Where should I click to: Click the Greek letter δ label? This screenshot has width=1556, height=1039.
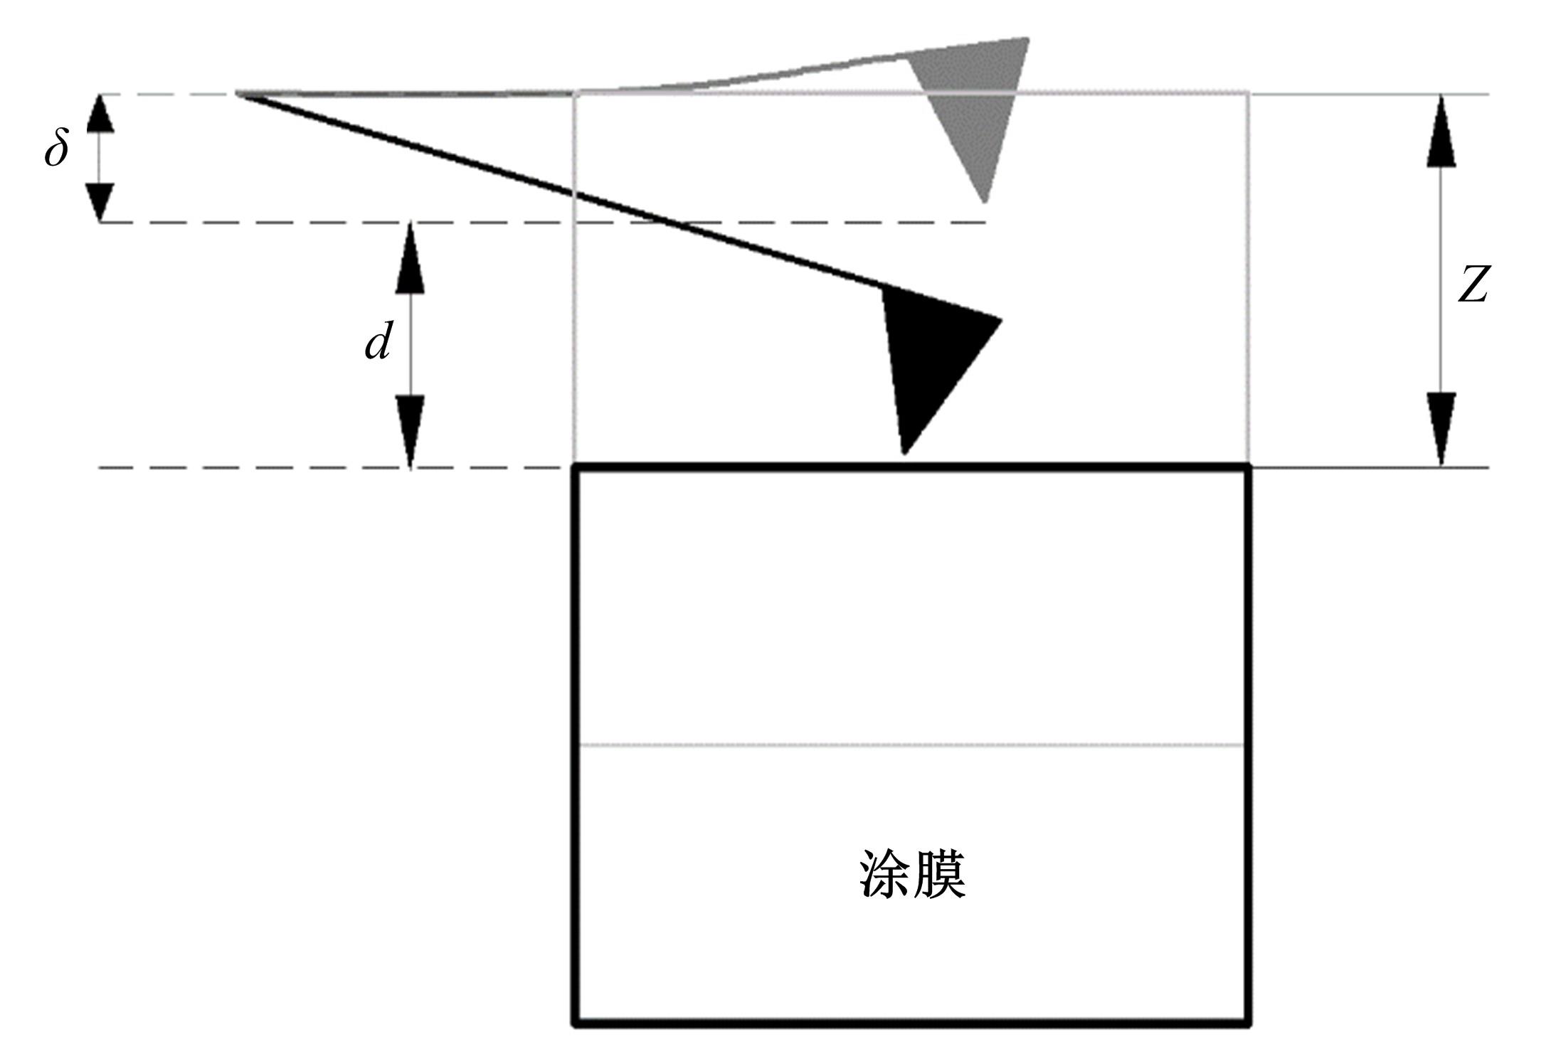[x=57, y=150]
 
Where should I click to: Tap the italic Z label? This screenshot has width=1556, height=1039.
[x=1472, y=284]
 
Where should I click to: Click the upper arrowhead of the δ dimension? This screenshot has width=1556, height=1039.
[x=100, y=114]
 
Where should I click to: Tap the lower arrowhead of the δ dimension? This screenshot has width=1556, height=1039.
[x=100, y=202]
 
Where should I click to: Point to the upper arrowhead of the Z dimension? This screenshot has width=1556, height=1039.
[x=1441, y=132]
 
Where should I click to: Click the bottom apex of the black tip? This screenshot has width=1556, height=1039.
[x=904, y=452]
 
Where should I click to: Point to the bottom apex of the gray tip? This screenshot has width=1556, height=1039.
[x=985, y=201]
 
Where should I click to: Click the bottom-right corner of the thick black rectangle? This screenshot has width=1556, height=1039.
[x=1249, y=1024]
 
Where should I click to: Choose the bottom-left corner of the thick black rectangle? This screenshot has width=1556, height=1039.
[x=576, y=1024]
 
